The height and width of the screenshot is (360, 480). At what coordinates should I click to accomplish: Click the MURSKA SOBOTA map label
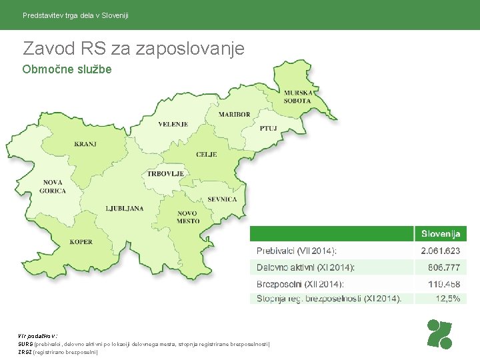point(297,97)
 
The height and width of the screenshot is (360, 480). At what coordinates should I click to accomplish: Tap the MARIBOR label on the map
point(234,114)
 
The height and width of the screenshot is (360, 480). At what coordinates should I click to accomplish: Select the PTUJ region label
point(268,128)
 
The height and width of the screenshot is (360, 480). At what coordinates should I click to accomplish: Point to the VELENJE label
point(173,124)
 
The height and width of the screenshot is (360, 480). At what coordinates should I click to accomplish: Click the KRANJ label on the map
point(85,144)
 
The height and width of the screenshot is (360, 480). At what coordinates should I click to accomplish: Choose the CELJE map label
point(206,154)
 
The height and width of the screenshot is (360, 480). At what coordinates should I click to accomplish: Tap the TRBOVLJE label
point(165,173)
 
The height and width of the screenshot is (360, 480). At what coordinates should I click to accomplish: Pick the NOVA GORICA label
point(53,187)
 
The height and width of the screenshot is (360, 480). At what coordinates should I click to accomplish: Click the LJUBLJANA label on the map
point(124,209)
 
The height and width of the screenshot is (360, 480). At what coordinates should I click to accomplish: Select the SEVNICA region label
point(222,199)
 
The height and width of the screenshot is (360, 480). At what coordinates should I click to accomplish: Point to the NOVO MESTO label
point(188,217)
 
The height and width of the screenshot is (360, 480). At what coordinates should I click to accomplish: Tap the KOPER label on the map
point(81,242)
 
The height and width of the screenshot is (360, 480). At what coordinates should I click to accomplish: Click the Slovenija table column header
point(440,234)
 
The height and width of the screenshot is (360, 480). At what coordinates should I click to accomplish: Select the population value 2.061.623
point(440,251)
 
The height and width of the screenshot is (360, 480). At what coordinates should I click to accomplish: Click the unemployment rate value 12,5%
point(447,299)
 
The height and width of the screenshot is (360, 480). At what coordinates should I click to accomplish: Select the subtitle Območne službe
point(67,69)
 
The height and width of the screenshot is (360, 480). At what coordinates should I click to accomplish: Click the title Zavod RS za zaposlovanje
point(133,48)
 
